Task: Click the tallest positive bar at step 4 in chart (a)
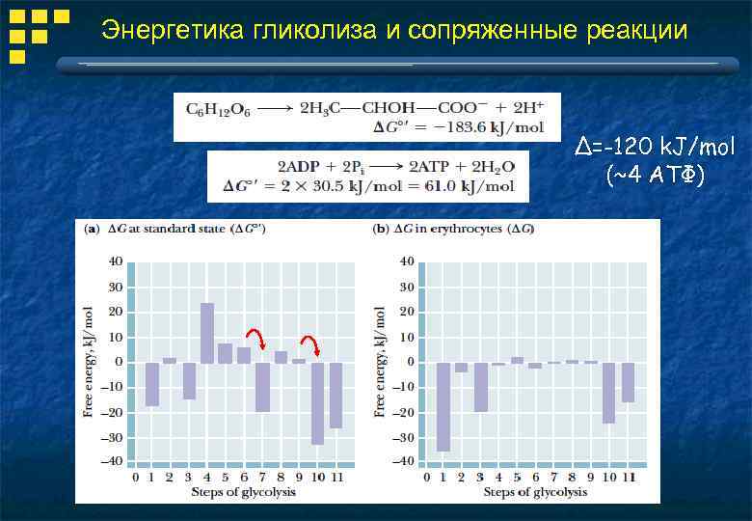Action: coord(207,333)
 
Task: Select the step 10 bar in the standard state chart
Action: coord(317,403)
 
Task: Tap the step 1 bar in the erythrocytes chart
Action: coord(443,406)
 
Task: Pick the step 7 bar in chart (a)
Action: coord(262,387)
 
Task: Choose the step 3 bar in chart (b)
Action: coord(480,387)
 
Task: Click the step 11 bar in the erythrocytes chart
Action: coord(628,382)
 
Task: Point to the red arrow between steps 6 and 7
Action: coord(256,339)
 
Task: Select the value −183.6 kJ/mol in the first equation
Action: coord(493,127)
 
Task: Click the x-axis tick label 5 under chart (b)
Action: coord(517,477)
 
